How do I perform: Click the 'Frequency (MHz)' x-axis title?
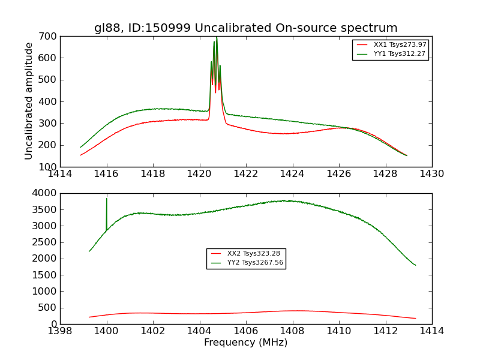pyautogui.click(x=245, y=343)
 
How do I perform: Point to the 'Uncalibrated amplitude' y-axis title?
pyautogui.click(x=29, y=101)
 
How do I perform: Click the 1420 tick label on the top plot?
pyautogui.click(x=199, y=174)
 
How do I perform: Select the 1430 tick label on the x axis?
pyautogui.click(x=431, y=174)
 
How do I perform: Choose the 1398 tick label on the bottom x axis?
pyautogui.click(x=61, y=331)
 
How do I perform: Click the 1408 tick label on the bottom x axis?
pyautogui.click(x=292, y=331)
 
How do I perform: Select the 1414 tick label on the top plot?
pyautogui.click(x=61, y=174)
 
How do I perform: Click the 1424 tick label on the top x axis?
pyautogui.click(x=292, y=174)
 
